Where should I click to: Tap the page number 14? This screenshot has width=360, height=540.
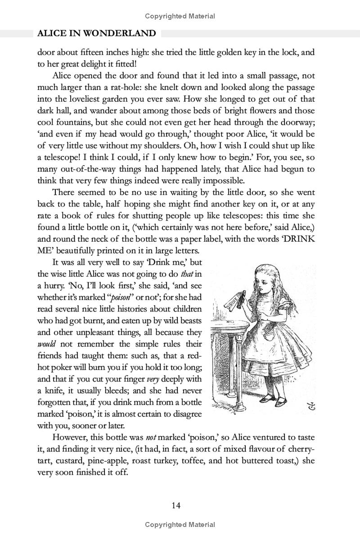(x=176, y=505)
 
